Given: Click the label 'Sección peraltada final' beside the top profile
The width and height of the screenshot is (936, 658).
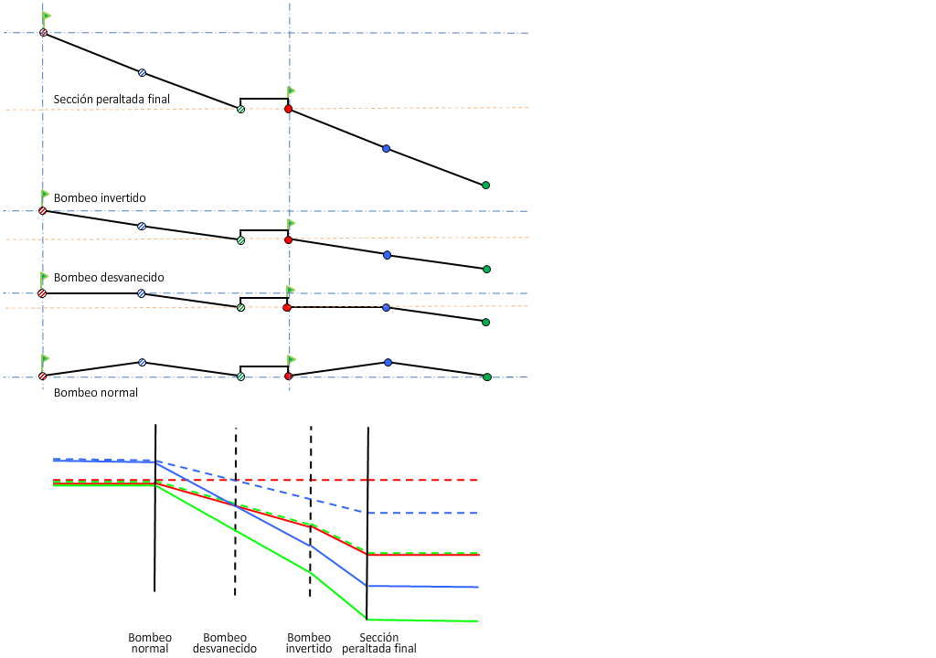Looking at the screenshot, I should pos(112,99).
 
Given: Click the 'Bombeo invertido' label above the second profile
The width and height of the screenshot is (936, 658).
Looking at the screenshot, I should pos(100,197).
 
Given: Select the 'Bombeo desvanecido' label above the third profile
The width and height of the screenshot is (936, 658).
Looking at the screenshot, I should pos(109,277).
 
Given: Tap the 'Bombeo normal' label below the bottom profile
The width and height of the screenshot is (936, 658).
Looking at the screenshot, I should pos(96,392).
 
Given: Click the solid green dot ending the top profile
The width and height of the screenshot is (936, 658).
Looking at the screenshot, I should pos(485,185).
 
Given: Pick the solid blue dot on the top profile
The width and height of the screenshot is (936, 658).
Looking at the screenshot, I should pos(386,148).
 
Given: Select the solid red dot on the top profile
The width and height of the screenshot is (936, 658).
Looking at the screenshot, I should pos(288,109).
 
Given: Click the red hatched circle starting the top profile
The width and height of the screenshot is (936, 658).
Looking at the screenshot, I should pos(43,33).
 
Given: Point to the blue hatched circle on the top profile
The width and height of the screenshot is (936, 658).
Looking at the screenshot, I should pos(142,72).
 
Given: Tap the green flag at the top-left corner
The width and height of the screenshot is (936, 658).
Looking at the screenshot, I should pos(46,16).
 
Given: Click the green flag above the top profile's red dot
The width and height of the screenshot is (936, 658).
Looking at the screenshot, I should pos(291,90).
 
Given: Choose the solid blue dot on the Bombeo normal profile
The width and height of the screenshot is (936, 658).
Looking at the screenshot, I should pos(388,363).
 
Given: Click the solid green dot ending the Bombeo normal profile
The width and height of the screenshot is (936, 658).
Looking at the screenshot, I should pos(486,377).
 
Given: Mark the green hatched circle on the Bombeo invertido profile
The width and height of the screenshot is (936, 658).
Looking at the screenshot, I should pos(240,240).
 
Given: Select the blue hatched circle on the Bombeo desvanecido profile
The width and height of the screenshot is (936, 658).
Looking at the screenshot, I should pos(141,293).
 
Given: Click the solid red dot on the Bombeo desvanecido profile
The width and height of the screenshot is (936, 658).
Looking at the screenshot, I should pos(287,308).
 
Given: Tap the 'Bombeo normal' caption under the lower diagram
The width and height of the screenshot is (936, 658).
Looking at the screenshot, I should pos(150,642).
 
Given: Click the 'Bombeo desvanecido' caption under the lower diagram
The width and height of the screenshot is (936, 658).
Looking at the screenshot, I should pos(225,642).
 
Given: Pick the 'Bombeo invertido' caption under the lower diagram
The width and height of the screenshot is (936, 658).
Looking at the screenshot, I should pos(309,642).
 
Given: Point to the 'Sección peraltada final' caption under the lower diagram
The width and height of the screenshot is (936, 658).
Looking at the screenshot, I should pos(379,642).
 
